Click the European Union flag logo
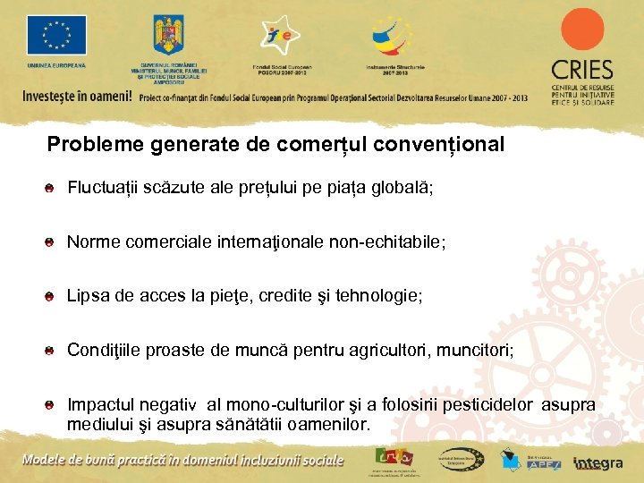tap(56, 36)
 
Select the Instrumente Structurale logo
tap(394, 37)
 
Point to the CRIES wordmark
tap(581, 70)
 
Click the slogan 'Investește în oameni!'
tap(77, 96)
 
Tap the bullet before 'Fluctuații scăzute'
tap(52, 188)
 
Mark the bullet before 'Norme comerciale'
tap(52, 242)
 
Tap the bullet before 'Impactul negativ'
tap(52, 406)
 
